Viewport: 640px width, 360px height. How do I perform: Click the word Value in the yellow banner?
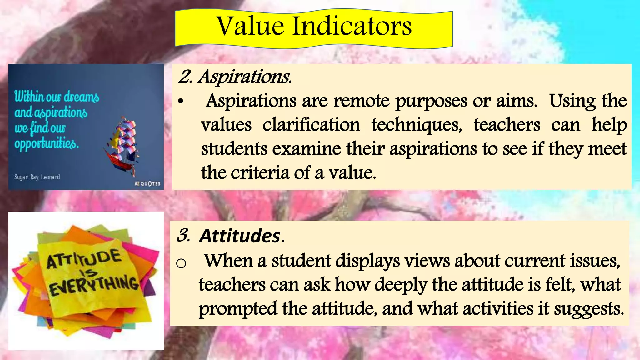250,26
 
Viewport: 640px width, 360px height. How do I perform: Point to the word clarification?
311,125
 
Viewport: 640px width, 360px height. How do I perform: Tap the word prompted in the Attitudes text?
238,309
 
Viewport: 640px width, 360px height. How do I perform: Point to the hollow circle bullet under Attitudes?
181,264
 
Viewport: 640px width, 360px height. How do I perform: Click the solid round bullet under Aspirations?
180,102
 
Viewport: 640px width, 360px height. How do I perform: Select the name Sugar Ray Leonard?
37,177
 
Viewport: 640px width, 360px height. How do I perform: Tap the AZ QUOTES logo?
147,184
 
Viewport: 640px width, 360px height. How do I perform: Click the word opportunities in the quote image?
47,144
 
